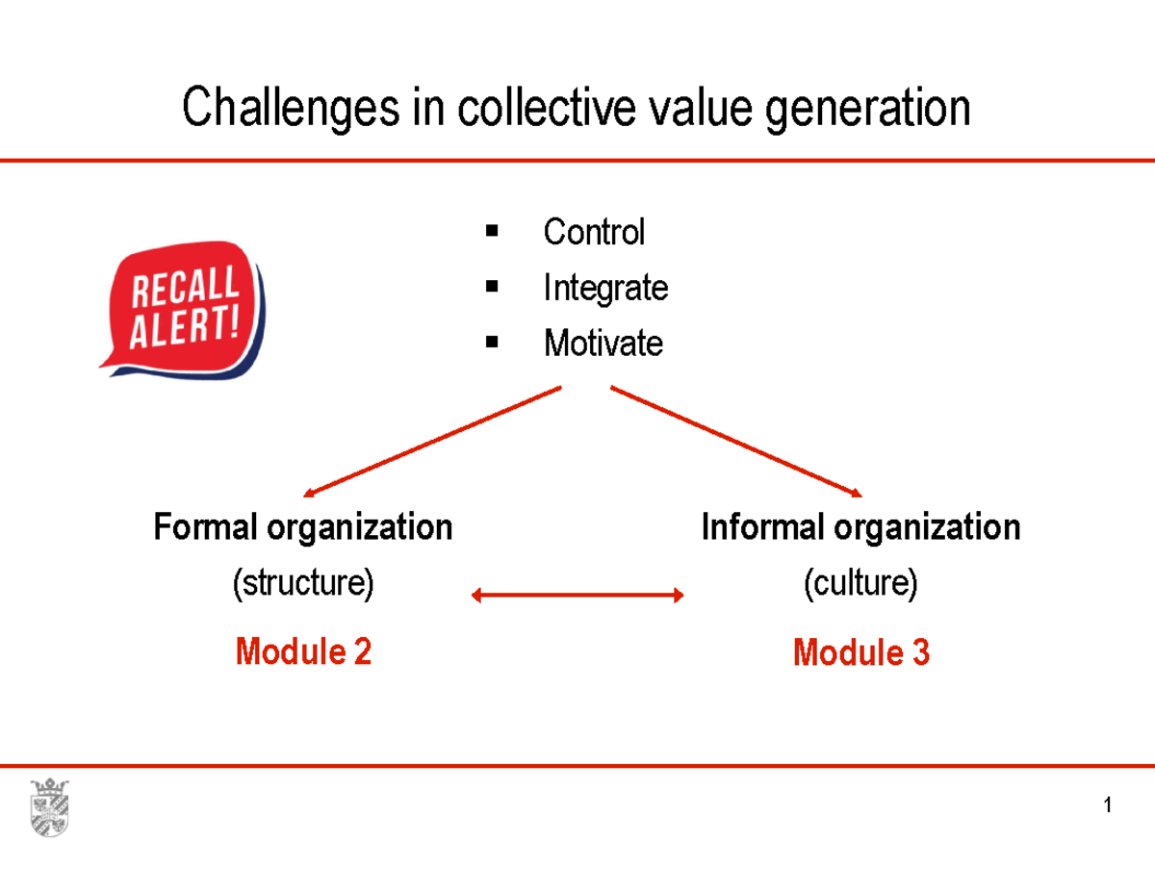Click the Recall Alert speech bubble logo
tap(183, 308)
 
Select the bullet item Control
tap(594, 232)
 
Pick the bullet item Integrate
tap(605, 288)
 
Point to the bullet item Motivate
tap(603, 344)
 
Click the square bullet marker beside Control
tap(492, 231)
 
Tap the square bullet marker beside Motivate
tap(492, 343)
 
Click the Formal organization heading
tap(303, 527)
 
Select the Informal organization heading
tap(860, 527)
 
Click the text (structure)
tap(303, 583)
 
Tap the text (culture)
tap(860, 583)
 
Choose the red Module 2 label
tap(303, 652)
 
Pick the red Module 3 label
tap(860, 653)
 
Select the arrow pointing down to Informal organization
tap(736, 442)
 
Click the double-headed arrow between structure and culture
tap(577, 597)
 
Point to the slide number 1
tap(1109, 805)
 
